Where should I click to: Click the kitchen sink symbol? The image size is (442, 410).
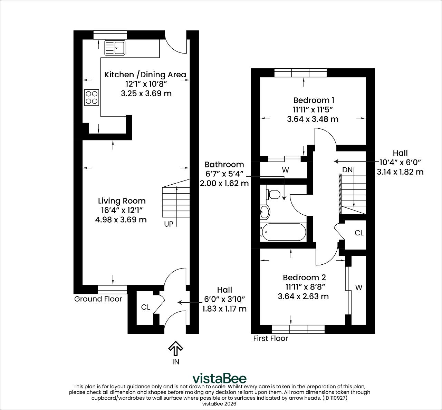click(115, 48)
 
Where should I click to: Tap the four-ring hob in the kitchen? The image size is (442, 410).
click(92, 97)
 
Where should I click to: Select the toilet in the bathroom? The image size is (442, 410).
click(273, 194)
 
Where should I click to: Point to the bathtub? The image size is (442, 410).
click(284, 232)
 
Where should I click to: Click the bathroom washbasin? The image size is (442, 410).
click(265, 211)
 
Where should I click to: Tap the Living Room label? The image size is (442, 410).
click(122, 201)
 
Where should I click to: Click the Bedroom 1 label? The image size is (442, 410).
click(314, 100)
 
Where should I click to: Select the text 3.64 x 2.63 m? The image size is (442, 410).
click(303, 296)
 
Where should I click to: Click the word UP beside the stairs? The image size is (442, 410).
click(169, 224)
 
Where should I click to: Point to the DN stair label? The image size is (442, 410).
click(347, 170)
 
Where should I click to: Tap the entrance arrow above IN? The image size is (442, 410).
click(176, 348)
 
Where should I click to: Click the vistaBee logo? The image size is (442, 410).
click(219, 378)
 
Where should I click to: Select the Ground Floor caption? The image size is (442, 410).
click(98, 299)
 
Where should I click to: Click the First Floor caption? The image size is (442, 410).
click(271, 338)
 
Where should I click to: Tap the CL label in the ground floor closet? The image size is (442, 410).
click(146, 307)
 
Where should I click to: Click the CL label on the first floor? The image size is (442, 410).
click(359, 233)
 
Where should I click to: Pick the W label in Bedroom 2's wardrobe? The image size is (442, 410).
click(359, 287)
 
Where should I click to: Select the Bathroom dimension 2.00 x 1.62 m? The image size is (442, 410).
click(224, 183)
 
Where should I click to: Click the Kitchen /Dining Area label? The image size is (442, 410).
click(145, 75)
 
